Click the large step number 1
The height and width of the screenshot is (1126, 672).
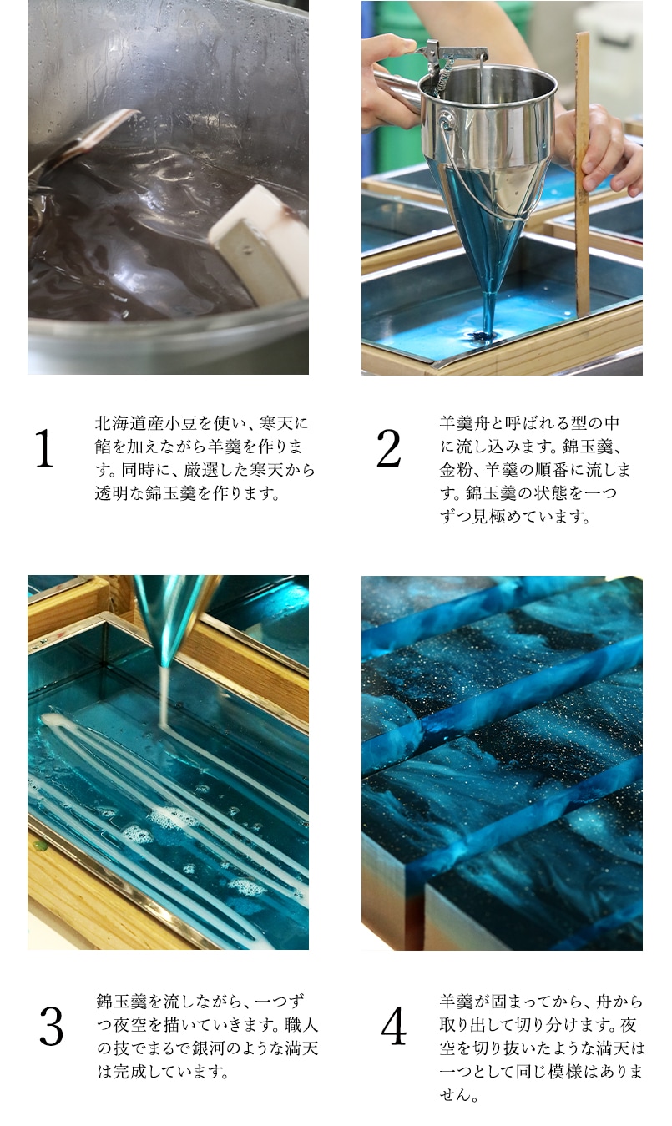[x=44, y=448]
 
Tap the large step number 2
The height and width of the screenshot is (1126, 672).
[x=388, y=448]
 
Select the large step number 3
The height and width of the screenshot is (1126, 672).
[x=51, y=1027]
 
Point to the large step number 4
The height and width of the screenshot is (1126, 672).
[x=393, y=1027]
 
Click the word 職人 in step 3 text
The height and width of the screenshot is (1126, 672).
[x=301, y=1025]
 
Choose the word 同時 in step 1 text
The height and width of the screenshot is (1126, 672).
[x=138, y=470]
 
